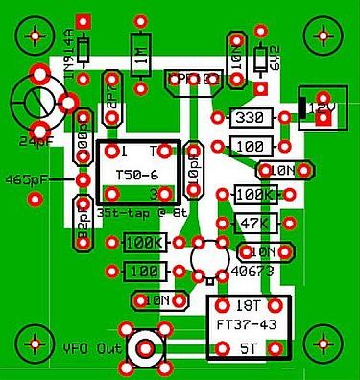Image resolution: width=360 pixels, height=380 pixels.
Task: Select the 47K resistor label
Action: (252, 224)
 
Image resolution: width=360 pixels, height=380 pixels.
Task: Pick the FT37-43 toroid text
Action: (247, 324)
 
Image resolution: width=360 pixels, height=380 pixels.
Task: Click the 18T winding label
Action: (249, 305)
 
